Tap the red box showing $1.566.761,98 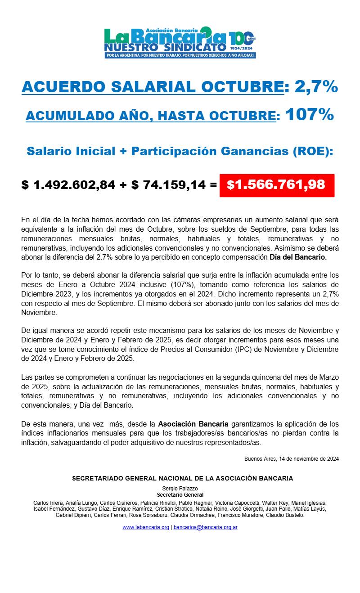(x=277, y=185)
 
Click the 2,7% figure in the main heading (x=316, y=87)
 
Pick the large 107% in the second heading (x=310, y=115)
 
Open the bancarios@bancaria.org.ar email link (x=205, y=527)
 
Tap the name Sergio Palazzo (x=180, y=488)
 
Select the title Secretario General (x=180, y=494)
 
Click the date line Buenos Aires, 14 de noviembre (x=291, y=459)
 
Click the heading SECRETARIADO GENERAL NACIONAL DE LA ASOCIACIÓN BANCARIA (x=182, y=478)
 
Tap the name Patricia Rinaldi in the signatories (x=160, y=503)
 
